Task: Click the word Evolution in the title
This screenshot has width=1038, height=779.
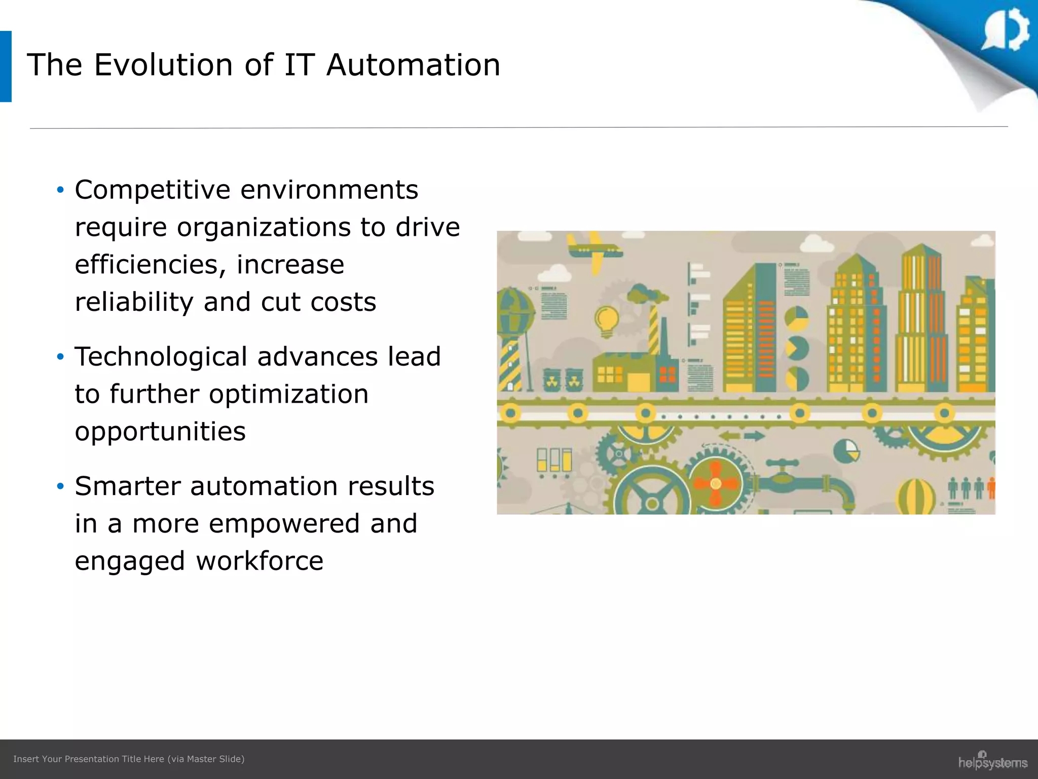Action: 163,65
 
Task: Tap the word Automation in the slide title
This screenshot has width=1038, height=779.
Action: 413,65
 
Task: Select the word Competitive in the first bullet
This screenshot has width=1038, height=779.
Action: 152,190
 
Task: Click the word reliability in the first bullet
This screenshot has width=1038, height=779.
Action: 134,302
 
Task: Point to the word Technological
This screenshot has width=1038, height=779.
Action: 161,357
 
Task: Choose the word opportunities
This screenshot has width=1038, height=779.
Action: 160,432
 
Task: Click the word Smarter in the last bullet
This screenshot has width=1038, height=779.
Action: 127,486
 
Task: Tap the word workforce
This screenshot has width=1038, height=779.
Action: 259,561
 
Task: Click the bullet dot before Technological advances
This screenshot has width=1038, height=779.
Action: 60,357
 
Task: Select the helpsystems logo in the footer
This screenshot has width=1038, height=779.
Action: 992,761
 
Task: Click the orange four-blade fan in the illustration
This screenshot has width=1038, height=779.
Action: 715,483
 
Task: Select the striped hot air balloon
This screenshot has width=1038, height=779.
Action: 916,497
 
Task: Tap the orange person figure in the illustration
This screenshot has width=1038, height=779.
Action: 991,488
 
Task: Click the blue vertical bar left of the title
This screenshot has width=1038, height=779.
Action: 6,66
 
